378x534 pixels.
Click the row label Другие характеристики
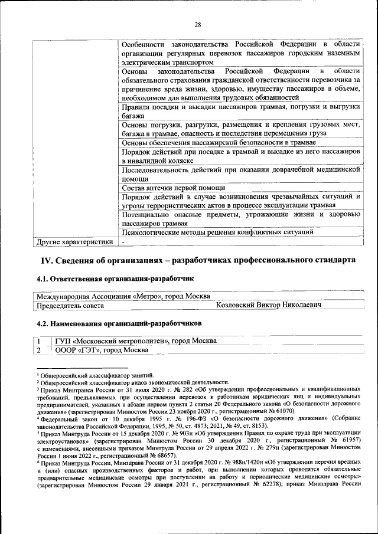click(x=74, y=241)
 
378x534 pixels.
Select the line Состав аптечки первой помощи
click(x=161, y=188)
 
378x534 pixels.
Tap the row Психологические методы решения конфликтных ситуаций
click(x=217, y=232)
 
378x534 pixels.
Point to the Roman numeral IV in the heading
click(x=46, y=260)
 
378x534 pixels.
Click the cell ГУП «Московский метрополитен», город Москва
click(x=135, y=341)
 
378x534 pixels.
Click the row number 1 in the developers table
click(x=38, y=341)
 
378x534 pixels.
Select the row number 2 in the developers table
click(x=38, y=350)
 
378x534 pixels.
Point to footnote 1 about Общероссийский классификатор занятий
click(x=96, y=375)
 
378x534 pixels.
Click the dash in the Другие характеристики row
click(x=123, y=241)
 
